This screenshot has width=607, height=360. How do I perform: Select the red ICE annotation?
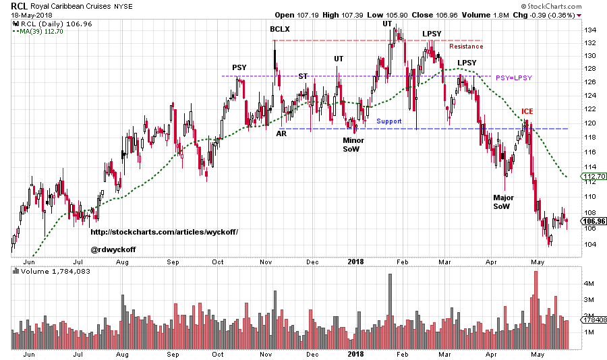click(x=527, y=111)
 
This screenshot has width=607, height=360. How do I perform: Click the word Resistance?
click(x=466, y=47)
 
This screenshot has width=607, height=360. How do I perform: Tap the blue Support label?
click(x=389, y=121)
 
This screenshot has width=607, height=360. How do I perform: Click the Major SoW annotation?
click(x=502, y=202)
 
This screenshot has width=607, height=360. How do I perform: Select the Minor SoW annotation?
click(x=353, y=144)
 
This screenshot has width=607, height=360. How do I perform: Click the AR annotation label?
click(x=281, y=133)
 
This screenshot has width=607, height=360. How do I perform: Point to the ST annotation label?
click(x=303, y=76)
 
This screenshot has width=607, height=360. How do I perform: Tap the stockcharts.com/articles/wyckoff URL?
click(x=164, y=232)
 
